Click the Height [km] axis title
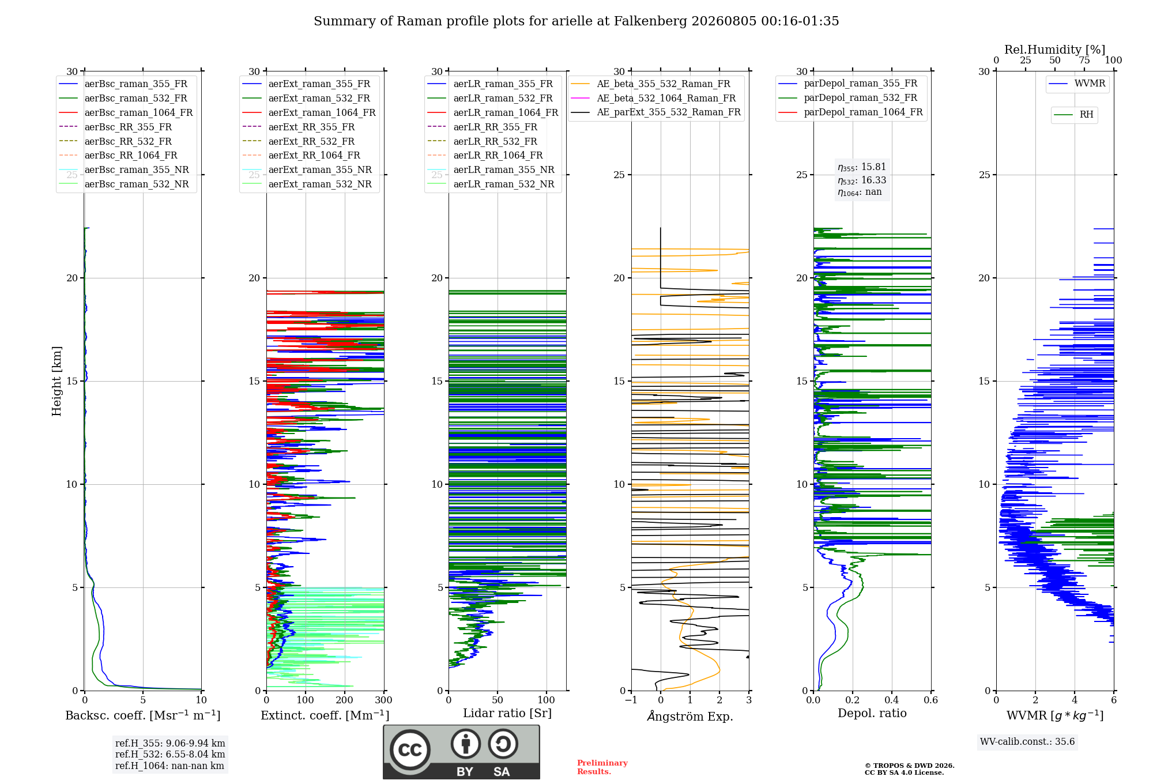(x=56, y=381)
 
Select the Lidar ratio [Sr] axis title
(x=507, y=713)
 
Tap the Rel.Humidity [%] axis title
(x=1055, y=50)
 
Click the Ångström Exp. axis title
(x=690, y=716)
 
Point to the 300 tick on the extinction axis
(x=383, y=700)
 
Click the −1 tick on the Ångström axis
(x=631, y=700)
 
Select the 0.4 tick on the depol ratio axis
(x=892, y=700)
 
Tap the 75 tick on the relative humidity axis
(x=1084, y=60)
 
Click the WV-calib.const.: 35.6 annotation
(x=1027, y=742)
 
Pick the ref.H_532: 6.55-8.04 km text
(x=170, y=754)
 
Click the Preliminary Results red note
(x=602, y=767)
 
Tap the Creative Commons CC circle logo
(x=410, y=750)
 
